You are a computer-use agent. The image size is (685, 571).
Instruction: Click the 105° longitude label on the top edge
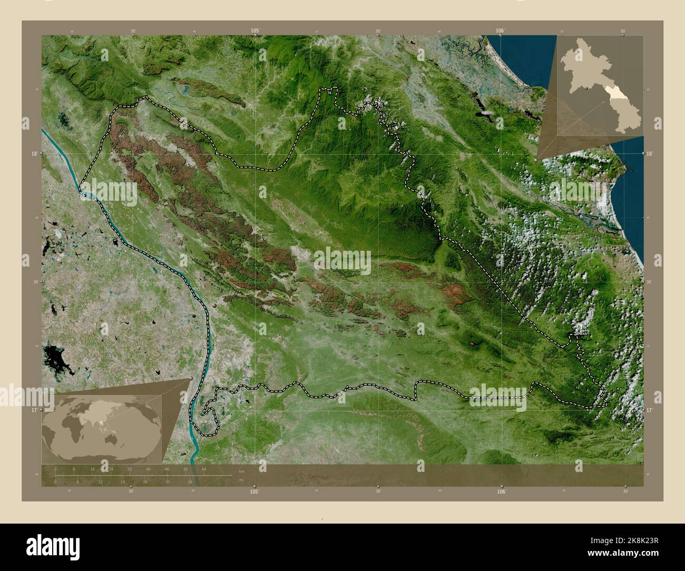255,31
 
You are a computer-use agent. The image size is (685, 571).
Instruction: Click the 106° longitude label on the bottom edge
501,491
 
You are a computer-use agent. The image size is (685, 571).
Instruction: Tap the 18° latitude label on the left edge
34,154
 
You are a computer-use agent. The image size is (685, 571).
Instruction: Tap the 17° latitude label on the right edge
649,409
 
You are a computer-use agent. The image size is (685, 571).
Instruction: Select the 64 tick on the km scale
203,468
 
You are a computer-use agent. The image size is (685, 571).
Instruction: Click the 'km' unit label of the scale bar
241,470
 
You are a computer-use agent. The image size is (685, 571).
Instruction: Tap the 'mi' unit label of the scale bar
241,479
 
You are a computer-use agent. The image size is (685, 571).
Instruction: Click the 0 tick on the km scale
55,468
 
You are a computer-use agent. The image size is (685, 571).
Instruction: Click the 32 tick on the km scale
130,468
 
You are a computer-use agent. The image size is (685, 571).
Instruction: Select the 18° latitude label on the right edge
649,153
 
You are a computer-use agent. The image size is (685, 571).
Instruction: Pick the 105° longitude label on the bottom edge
255,491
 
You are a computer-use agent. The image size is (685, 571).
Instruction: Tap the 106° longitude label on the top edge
501,31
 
